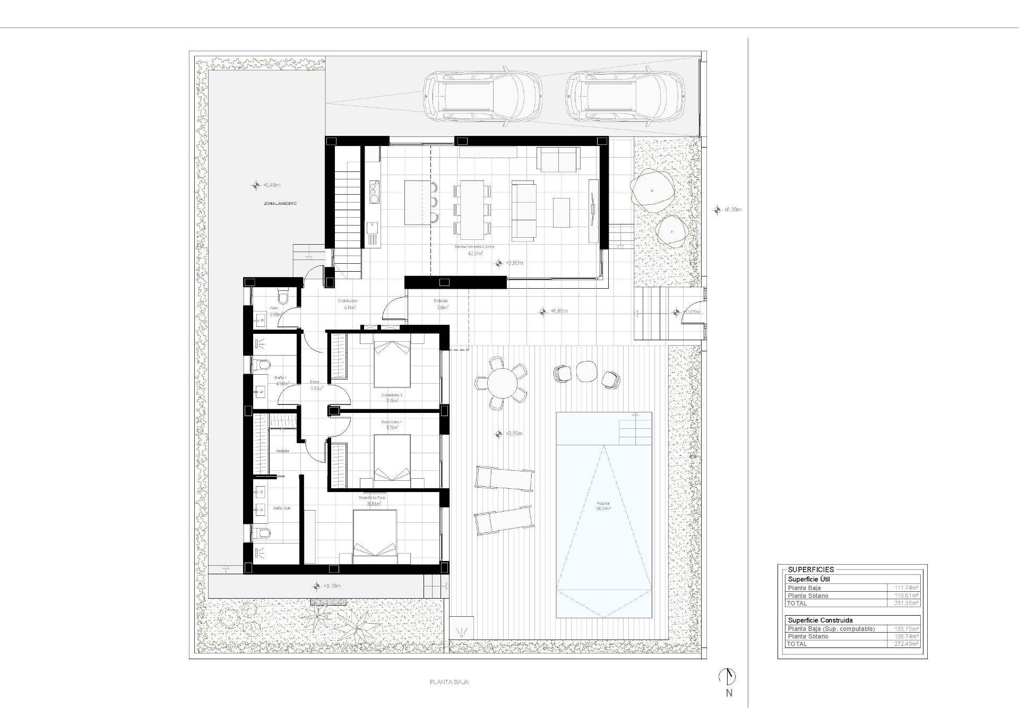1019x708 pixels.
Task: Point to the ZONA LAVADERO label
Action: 280,203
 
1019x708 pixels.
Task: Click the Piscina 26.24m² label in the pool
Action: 603,505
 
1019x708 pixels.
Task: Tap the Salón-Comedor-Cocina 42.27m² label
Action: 474,250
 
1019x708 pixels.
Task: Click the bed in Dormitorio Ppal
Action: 375,536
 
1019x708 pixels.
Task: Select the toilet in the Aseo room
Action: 283,298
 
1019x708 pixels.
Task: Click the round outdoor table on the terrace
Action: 502,382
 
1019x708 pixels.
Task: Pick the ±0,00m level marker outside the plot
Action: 727,210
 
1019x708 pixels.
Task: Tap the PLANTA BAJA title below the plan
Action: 449,683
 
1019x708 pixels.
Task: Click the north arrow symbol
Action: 728,677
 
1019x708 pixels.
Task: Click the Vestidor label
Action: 282,451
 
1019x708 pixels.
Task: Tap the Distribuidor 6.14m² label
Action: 347,304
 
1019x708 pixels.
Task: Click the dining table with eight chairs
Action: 472,210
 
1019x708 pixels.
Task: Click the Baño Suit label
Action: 282,508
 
